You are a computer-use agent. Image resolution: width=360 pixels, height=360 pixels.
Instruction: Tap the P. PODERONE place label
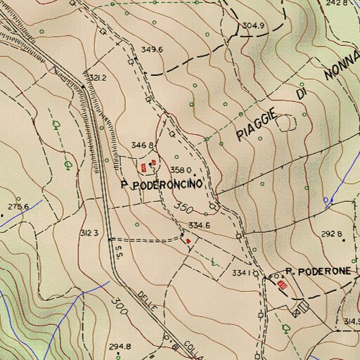(x=321, y=271)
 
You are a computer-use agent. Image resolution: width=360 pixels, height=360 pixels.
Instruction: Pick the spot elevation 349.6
(x=152, y=49)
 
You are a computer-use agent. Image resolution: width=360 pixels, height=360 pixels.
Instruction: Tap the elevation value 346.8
(x=142, y=145)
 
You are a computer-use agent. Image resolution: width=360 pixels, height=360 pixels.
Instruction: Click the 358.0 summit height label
(x=180, y=169)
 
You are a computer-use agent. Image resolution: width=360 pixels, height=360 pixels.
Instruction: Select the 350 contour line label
(x=184, y=209)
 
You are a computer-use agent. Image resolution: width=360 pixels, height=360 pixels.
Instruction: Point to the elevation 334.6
(x=199, y=226)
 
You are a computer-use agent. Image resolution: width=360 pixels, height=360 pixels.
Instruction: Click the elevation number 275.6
(x=18, y=207)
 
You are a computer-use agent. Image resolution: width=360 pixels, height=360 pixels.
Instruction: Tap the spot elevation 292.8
(x=330, y=233)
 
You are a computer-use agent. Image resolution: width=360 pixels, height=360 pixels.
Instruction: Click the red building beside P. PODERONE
(x=283, y=285)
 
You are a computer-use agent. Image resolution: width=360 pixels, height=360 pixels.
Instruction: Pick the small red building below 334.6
(x=188, y=240)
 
